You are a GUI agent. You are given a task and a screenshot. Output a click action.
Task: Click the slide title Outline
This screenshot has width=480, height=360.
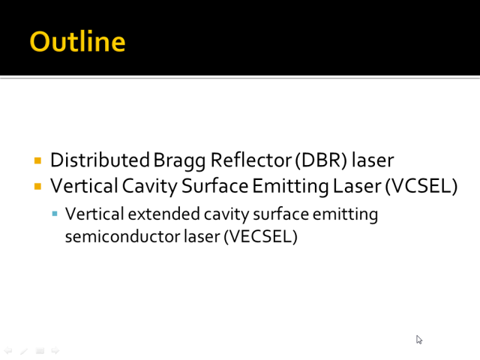pyautogui.click(x=77, y=41)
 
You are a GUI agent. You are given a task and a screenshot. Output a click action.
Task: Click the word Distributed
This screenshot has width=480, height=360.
pyautogui.click(x=100, y=160)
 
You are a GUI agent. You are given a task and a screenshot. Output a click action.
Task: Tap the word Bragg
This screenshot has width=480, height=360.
pyautogui.click(x=179, y=161)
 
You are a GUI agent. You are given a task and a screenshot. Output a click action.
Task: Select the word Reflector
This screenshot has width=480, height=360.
pyautogui.click(x=251, y=160)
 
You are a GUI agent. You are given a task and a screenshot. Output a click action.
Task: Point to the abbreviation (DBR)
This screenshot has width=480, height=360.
pyautogui.click(x=321, y=160)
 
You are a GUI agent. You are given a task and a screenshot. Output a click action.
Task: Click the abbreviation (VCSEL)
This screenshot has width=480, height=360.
pyautogui.click(x=421, y=186)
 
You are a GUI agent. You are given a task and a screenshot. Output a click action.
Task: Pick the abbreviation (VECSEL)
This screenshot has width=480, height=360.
pyautogui.click(x=260, y=236)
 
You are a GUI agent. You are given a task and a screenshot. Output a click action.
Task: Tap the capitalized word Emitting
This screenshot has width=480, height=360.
pyautogui.click(x=290, y=187)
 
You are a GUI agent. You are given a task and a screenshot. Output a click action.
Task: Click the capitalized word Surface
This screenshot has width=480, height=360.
pyautogui.click(x=214, y=186)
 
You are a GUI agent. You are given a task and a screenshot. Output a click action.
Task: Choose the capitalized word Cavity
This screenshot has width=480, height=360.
pyautogui.click(x=150, y=187)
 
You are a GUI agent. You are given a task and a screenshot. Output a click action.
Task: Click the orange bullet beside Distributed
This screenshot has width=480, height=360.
pyautogui.click(x=38, y=160)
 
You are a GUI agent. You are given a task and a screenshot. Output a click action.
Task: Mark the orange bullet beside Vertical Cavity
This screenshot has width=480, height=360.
pyautogui.click(x=38, y=187)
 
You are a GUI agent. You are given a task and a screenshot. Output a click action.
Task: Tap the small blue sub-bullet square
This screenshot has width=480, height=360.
pyautogui.click(x=55, y=214)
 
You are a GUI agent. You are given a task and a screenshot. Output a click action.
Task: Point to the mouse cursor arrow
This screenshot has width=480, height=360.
pyautogui.click(x=418, y=339)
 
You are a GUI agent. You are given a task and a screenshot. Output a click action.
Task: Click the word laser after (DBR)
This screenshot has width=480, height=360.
pyautogui.click(x=373, y=160)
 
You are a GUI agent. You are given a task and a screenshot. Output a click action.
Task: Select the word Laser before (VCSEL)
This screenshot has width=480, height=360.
pyautogui.click(x=357, y=186)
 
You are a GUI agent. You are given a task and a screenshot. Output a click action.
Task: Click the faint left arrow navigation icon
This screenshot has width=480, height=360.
pyautogui.click(x=8, y=350)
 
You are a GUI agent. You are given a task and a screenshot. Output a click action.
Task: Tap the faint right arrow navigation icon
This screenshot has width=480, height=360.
pyautogui.click(x=55, y=350)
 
